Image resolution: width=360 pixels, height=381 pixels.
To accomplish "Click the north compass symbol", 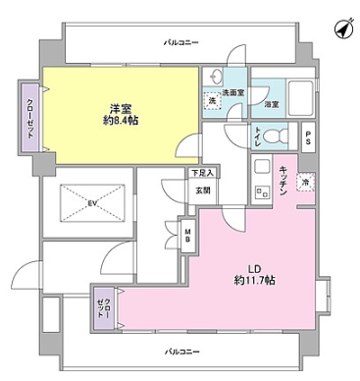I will tap(342, 30).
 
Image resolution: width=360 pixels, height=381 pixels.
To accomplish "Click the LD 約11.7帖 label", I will tap(245, 273).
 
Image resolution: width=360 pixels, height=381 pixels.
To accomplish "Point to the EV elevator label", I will tap(91, 203).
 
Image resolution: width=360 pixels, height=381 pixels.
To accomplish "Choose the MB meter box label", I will tap(188, 236).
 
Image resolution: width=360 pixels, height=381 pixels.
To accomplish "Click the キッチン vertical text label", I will tap(281, 182).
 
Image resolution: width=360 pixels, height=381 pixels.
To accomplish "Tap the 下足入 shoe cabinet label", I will tap(201, 173).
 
